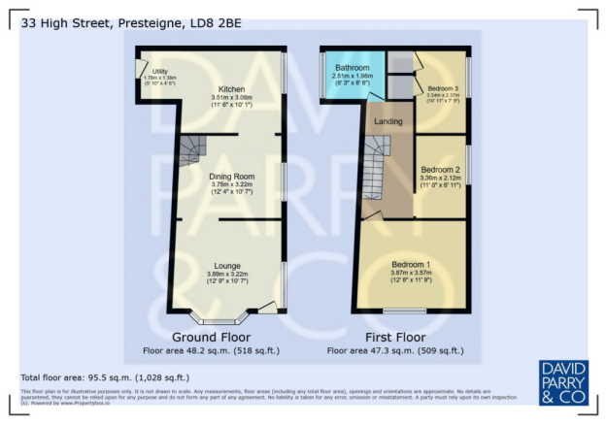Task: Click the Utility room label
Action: click(x=160, y=72)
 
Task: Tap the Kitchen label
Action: click(x=230, y=89)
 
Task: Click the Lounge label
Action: click(x=227, y=266)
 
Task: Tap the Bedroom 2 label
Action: click(x=440, y=169)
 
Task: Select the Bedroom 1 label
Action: click(x=411, y=264)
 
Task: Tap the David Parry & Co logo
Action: click(x=562, y=383)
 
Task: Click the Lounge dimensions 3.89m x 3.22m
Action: click(x=227, y=274)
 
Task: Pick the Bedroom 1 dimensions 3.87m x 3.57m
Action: click(x=411, y=273)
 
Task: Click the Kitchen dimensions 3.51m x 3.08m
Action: click(x=230, y=98)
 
